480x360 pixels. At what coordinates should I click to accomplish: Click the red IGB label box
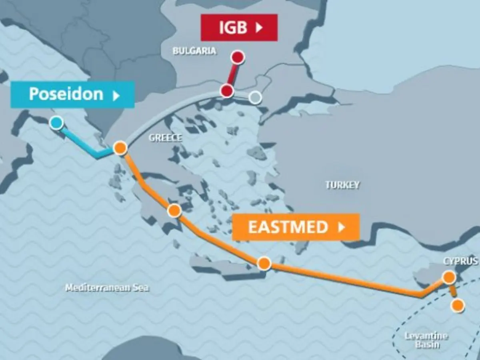point(239,27)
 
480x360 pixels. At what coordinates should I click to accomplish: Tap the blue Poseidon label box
point(72,94)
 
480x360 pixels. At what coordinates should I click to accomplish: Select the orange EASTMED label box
point(296,227)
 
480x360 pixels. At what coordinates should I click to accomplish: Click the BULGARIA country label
point(194,51)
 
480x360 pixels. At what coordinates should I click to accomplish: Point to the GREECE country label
point(165,138)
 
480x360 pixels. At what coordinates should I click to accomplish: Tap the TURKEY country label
point(342,185)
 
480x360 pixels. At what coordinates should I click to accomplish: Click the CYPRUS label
point(460,261)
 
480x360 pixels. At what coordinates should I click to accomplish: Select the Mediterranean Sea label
point(106,288)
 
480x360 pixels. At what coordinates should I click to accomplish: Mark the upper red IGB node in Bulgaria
point(238,58)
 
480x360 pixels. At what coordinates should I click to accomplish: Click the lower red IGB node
point(227,91)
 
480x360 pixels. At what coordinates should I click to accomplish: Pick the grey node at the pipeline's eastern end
point(255,97)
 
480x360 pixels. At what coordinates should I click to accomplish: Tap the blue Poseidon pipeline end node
point(56,123)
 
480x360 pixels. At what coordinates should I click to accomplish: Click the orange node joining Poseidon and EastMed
point(120,148)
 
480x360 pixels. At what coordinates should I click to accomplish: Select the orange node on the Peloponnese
point(174,210)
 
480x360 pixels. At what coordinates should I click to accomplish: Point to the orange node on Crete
point(264,263)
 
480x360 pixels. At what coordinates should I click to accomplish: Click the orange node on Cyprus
point(449,277)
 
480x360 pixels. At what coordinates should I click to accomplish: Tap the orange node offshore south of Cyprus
point(458,306)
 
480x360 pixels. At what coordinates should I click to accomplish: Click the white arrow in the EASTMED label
point(341,227)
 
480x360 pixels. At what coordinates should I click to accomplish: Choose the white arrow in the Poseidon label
point(116,96)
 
